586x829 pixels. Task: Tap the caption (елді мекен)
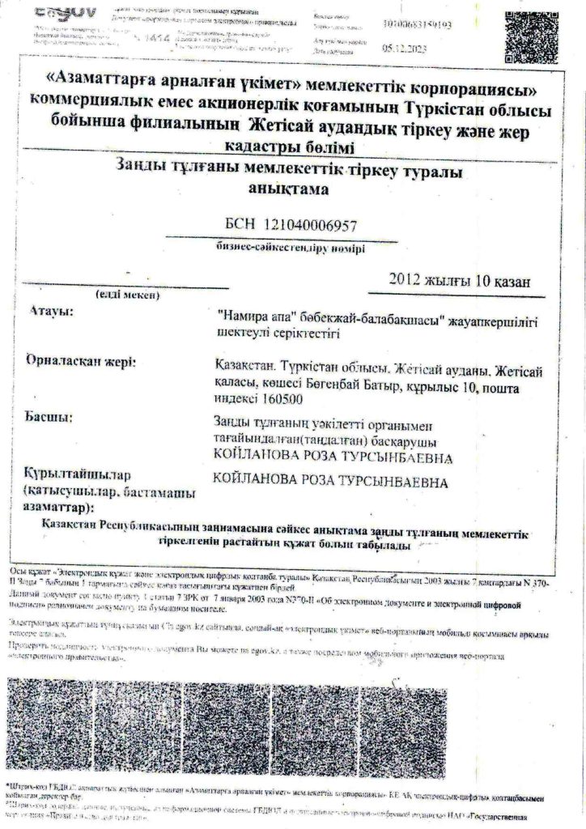[130, 295]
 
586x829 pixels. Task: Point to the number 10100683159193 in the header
[421, 23]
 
